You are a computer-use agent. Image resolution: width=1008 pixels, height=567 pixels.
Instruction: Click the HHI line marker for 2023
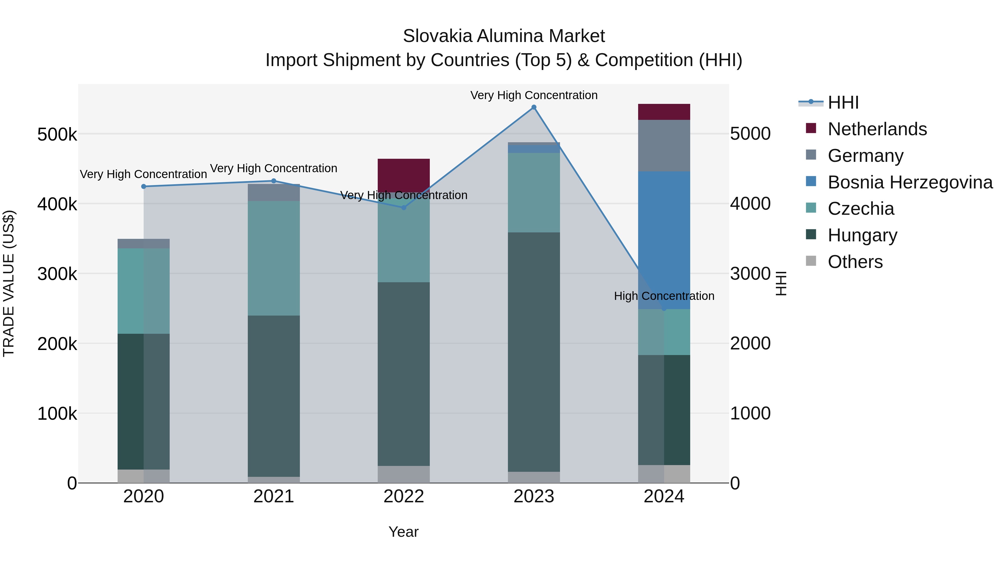(x=534, y=107)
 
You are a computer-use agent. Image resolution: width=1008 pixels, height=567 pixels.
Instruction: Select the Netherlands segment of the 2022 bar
(x=403, y=175)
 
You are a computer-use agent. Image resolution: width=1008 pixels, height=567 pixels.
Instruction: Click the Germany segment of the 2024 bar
(x=664, y=146)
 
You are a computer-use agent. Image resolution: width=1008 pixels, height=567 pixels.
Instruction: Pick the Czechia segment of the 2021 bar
(x=274, y=258)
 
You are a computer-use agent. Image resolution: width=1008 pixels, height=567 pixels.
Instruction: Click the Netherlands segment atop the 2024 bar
(x=664, y=112)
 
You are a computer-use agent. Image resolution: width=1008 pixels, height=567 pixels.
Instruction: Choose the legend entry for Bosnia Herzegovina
(x=910, y=182)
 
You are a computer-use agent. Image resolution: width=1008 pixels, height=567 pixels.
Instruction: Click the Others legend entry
(x=855, y=262)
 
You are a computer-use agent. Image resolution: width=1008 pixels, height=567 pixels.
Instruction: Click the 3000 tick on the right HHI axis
(x=750, y=274)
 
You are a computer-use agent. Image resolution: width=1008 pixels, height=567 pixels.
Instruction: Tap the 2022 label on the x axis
(x=403, y=496)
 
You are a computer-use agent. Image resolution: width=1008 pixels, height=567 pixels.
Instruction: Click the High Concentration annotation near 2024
(x=664, y=296)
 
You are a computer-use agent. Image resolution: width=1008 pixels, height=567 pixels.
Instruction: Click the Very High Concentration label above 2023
(x=534, y=95)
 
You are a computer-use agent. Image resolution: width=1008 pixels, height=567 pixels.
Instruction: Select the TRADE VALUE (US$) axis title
(x=9, y=283)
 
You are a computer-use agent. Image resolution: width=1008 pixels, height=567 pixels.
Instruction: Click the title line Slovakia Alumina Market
(x=504, y=36)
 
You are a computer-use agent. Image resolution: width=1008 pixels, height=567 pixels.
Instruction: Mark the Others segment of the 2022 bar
(x=403, y=474)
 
